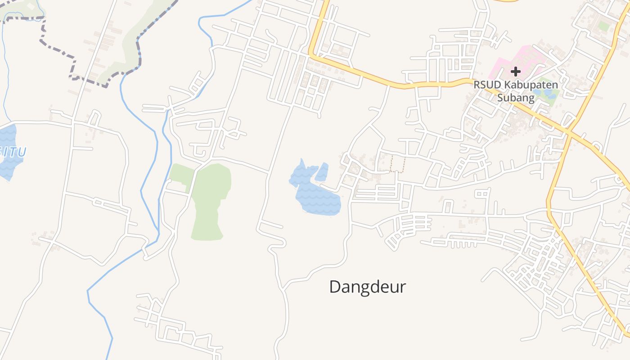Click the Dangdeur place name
coord(368,287)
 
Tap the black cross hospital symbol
coord(516,71)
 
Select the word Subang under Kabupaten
coord(516,97)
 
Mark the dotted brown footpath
coord(398,164)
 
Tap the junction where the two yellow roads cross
coord(568,132)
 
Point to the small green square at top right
coord(604,27)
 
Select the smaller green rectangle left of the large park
coord(181,175)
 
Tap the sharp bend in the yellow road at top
coord(311,55)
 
